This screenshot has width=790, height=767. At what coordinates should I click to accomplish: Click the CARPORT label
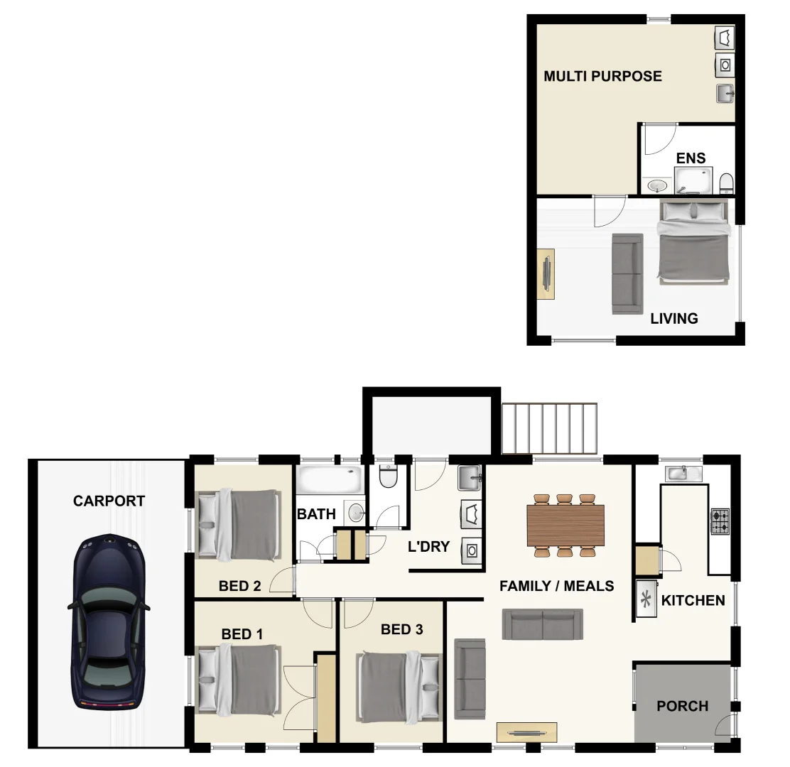[x=109, y=501]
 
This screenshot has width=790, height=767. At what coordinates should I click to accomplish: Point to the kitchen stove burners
[x=720, y=521]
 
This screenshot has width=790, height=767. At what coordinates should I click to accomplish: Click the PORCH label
[x=682, y=707]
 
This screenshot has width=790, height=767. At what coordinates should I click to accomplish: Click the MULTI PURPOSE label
[x=602, y=76]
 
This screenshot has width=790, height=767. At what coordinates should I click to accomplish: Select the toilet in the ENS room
[x=726, y=184]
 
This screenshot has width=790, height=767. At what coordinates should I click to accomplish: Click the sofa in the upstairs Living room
[x=627, y=273]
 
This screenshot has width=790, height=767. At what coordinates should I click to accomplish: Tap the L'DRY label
[x=428, y=547]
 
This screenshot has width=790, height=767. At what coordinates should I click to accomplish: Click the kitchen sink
[x=683, y=472]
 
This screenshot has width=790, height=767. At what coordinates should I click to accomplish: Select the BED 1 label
[x=242, y=634]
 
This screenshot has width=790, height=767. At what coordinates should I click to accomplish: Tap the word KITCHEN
[x=693, y=601]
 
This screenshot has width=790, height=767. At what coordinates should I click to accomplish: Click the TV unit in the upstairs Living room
[x=546, y=274]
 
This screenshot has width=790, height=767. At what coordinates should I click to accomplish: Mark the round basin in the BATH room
[x=355, y=511]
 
